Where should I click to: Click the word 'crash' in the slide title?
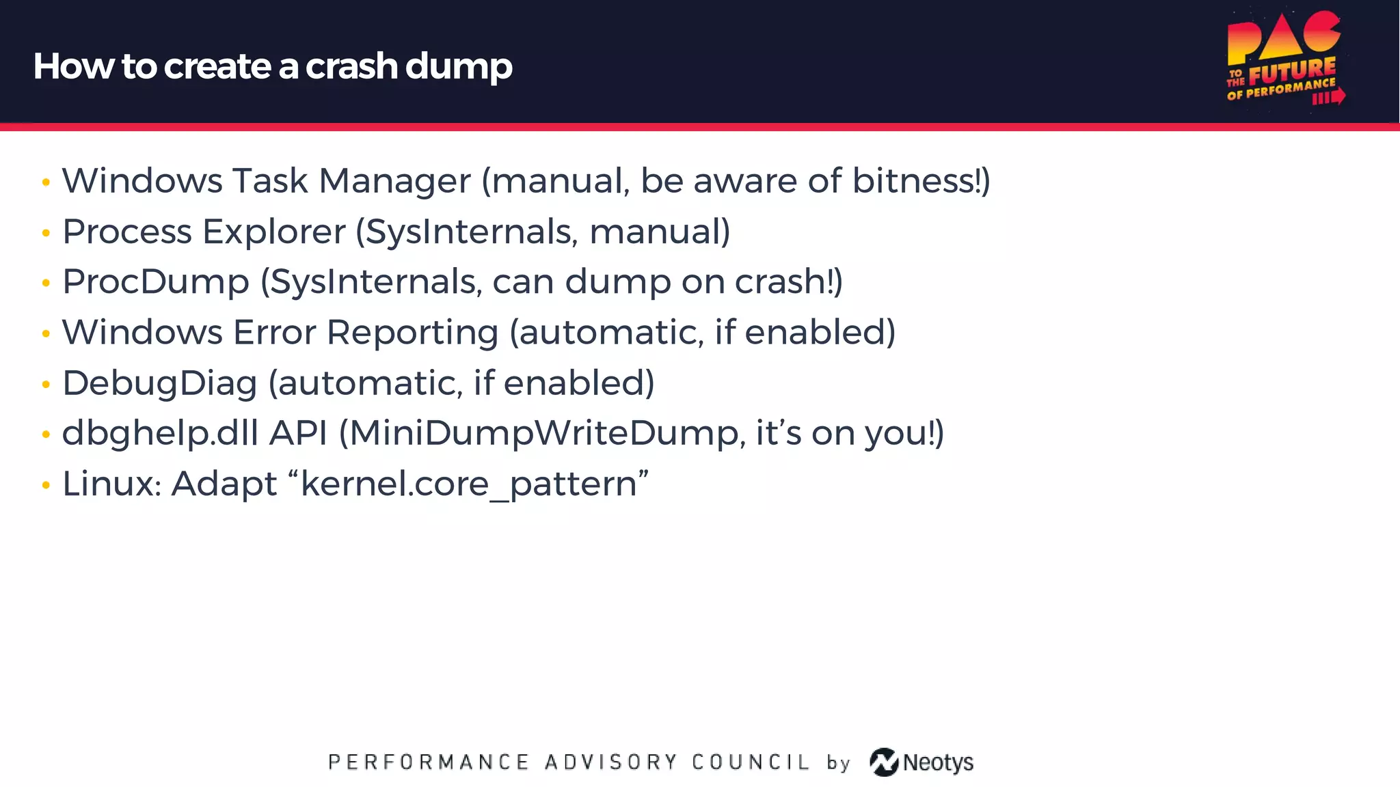point(351,66)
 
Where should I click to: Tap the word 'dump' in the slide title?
point(459,68)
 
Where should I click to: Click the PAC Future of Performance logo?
point(1284,59)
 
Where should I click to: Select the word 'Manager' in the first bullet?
point(394,181)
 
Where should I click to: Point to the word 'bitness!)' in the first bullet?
point(921,181)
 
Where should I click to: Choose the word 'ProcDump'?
point(156,282)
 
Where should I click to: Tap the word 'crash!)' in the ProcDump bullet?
point(788,282)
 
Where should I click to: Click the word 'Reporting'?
point(412,333)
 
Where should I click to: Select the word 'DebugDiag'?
point(159,383)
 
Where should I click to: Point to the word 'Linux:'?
point(111,484)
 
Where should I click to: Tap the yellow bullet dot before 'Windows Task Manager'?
point(46,182)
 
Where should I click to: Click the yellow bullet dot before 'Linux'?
point(46,486)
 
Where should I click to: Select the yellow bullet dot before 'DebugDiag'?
point(46,385)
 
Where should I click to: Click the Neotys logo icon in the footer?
point(884,762)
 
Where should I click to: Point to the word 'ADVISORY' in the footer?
point(610,762)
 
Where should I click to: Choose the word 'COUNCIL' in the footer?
point(751,762)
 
